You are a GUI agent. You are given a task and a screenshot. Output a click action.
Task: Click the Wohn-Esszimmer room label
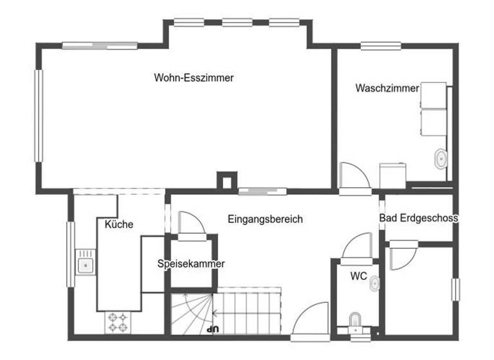[x=194, y=78]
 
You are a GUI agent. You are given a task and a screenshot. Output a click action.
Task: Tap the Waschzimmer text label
[x=387, y=88]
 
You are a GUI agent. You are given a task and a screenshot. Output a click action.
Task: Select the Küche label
[x=119, y=224]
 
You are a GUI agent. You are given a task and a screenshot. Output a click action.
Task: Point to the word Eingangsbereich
[x=265, y=219]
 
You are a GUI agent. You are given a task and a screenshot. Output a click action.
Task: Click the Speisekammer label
[x=191, y=264]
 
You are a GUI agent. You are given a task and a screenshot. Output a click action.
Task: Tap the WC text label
[x=358, y=276]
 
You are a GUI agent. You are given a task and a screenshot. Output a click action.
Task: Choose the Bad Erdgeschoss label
[x=418, y=219]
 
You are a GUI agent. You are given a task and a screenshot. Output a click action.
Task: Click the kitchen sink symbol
[x=84, y=264]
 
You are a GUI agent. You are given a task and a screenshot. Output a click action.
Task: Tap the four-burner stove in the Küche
[x=116, y=322]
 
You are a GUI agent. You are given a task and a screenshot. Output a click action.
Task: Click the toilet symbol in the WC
[x=354, y=320]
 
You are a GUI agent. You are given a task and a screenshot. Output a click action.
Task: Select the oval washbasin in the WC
[x=375, y=284]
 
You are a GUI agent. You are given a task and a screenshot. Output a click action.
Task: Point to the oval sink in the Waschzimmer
[x=441, y=158]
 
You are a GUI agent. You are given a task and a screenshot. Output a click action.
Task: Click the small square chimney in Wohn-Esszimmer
[x=226, y=181]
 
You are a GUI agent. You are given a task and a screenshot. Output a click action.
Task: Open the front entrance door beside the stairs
[x=309, y=322]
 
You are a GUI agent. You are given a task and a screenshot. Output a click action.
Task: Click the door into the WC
[x=356, y=246]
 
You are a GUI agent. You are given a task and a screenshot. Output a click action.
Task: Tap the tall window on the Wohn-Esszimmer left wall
[x=39, y=116]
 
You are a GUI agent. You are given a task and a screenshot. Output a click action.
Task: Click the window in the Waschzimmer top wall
[x=381, y=46]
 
